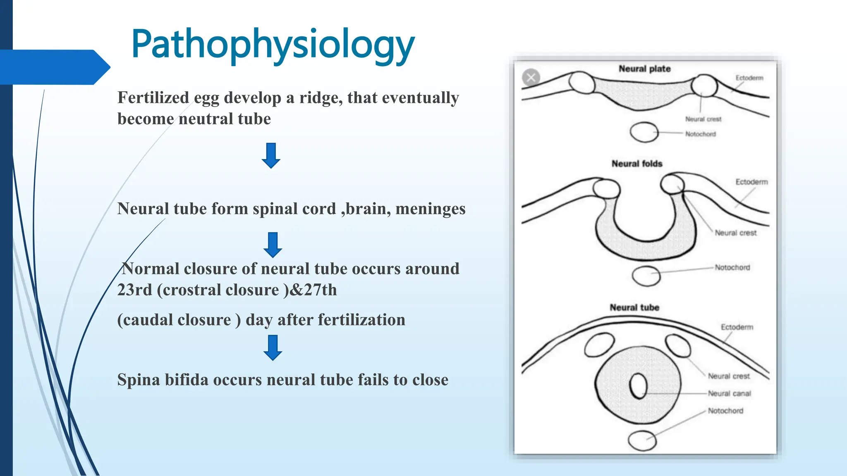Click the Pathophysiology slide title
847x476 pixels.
point(273,45)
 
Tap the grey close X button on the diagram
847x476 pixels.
point(531,77)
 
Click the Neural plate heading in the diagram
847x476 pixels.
point(644,69)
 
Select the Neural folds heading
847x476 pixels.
point(637,164)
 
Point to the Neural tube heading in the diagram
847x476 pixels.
point(634,307)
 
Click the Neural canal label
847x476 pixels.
point(729,393)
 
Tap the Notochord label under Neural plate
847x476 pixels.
point(700,134)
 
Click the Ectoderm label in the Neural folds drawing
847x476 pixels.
point(751,182)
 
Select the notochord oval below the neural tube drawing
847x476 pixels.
point(642,440)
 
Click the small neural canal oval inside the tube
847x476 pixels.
point(638,386)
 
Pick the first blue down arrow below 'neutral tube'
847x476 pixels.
point(271,155)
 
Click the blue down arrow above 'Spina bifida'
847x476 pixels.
point(273,347)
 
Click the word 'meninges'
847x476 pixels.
point(430,209)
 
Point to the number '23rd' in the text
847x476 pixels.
point(134,290)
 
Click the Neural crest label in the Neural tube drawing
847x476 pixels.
point(728,376)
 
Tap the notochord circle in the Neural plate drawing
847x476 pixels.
point(644,132)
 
